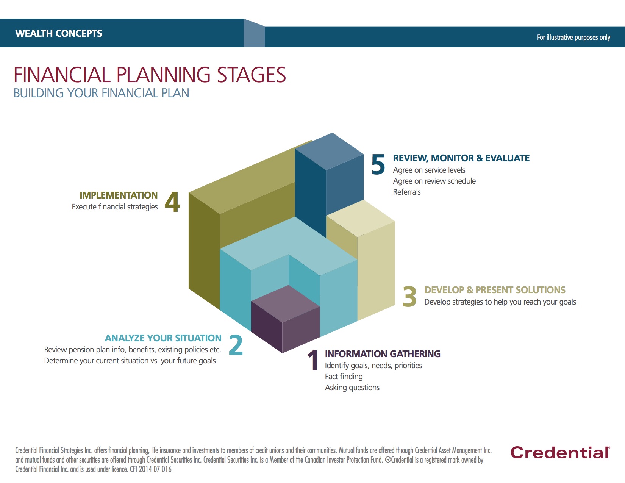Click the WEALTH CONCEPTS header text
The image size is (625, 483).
[59, 33]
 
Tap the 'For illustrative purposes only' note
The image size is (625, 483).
[573, 37]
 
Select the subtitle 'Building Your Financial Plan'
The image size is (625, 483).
[101, 93]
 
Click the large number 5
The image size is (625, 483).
[378, 165]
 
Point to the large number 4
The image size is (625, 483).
[173, 202]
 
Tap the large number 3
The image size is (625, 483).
[409, 297]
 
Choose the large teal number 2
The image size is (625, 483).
[236, 345]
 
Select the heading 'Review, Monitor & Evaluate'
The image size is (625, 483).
[461, 158]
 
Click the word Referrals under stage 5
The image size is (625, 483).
[406, 192]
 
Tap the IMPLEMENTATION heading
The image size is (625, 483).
[119, 195]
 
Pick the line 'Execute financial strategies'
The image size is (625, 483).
[115, 207]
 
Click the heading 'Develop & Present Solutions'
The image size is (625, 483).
[495, 290]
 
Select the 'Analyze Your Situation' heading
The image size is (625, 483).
[163, 338]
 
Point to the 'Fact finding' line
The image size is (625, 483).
[344, 377]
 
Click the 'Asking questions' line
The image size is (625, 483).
[352, 388]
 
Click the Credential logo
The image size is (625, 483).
[560, 453]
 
